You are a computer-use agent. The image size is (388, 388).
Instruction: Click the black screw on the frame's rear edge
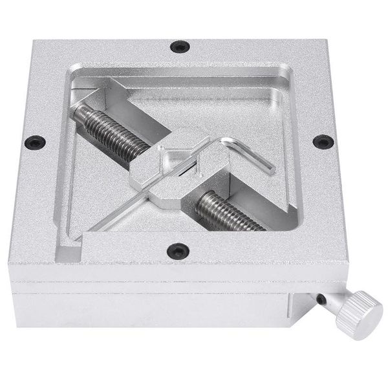(x=179, y=46)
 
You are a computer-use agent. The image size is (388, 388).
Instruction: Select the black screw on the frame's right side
(x=321, y=141)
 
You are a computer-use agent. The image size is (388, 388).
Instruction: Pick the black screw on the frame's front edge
(x=176, y=248)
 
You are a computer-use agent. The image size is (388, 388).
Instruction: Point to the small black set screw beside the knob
(x=321, y=298)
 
